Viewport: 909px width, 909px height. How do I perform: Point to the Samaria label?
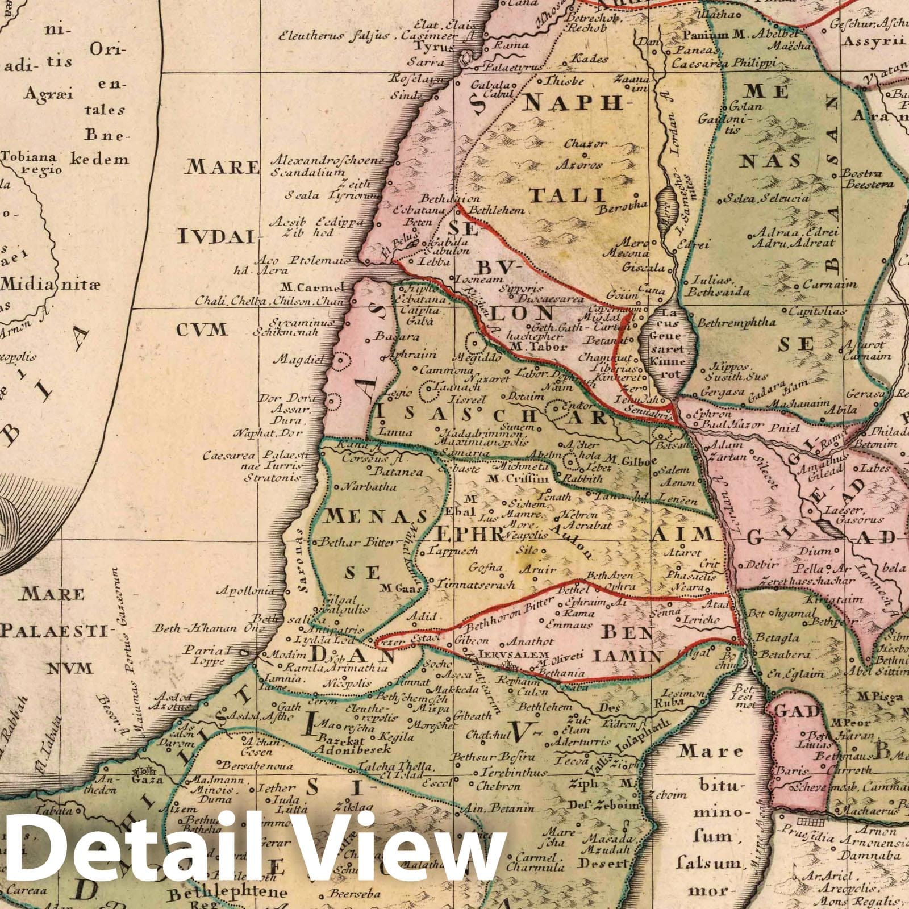(470, 453)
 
